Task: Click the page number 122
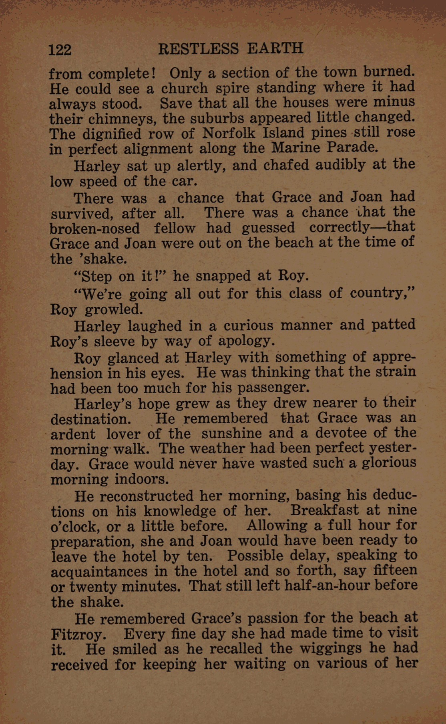pyautogui.click(x=60, y=50)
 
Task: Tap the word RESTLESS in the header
pyautogui.click(x=198, y=49)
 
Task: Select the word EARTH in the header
pyautogui.click(x=275, y=49)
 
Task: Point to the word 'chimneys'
pyautogui.click(x=117, y=119)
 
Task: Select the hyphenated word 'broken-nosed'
pyautogui.click(x=95, y=229)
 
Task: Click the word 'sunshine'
pyautogui.click(x=231, y=434)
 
